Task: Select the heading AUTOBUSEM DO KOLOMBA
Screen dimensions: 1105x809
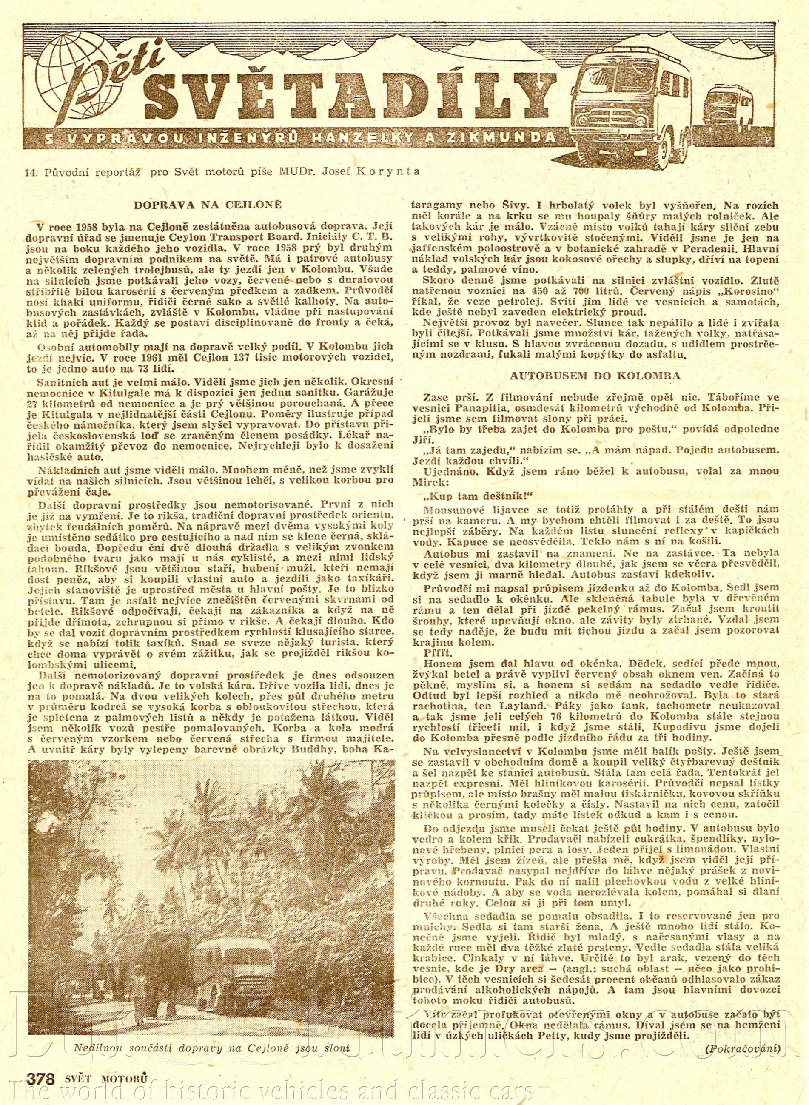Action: point(595,376)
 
